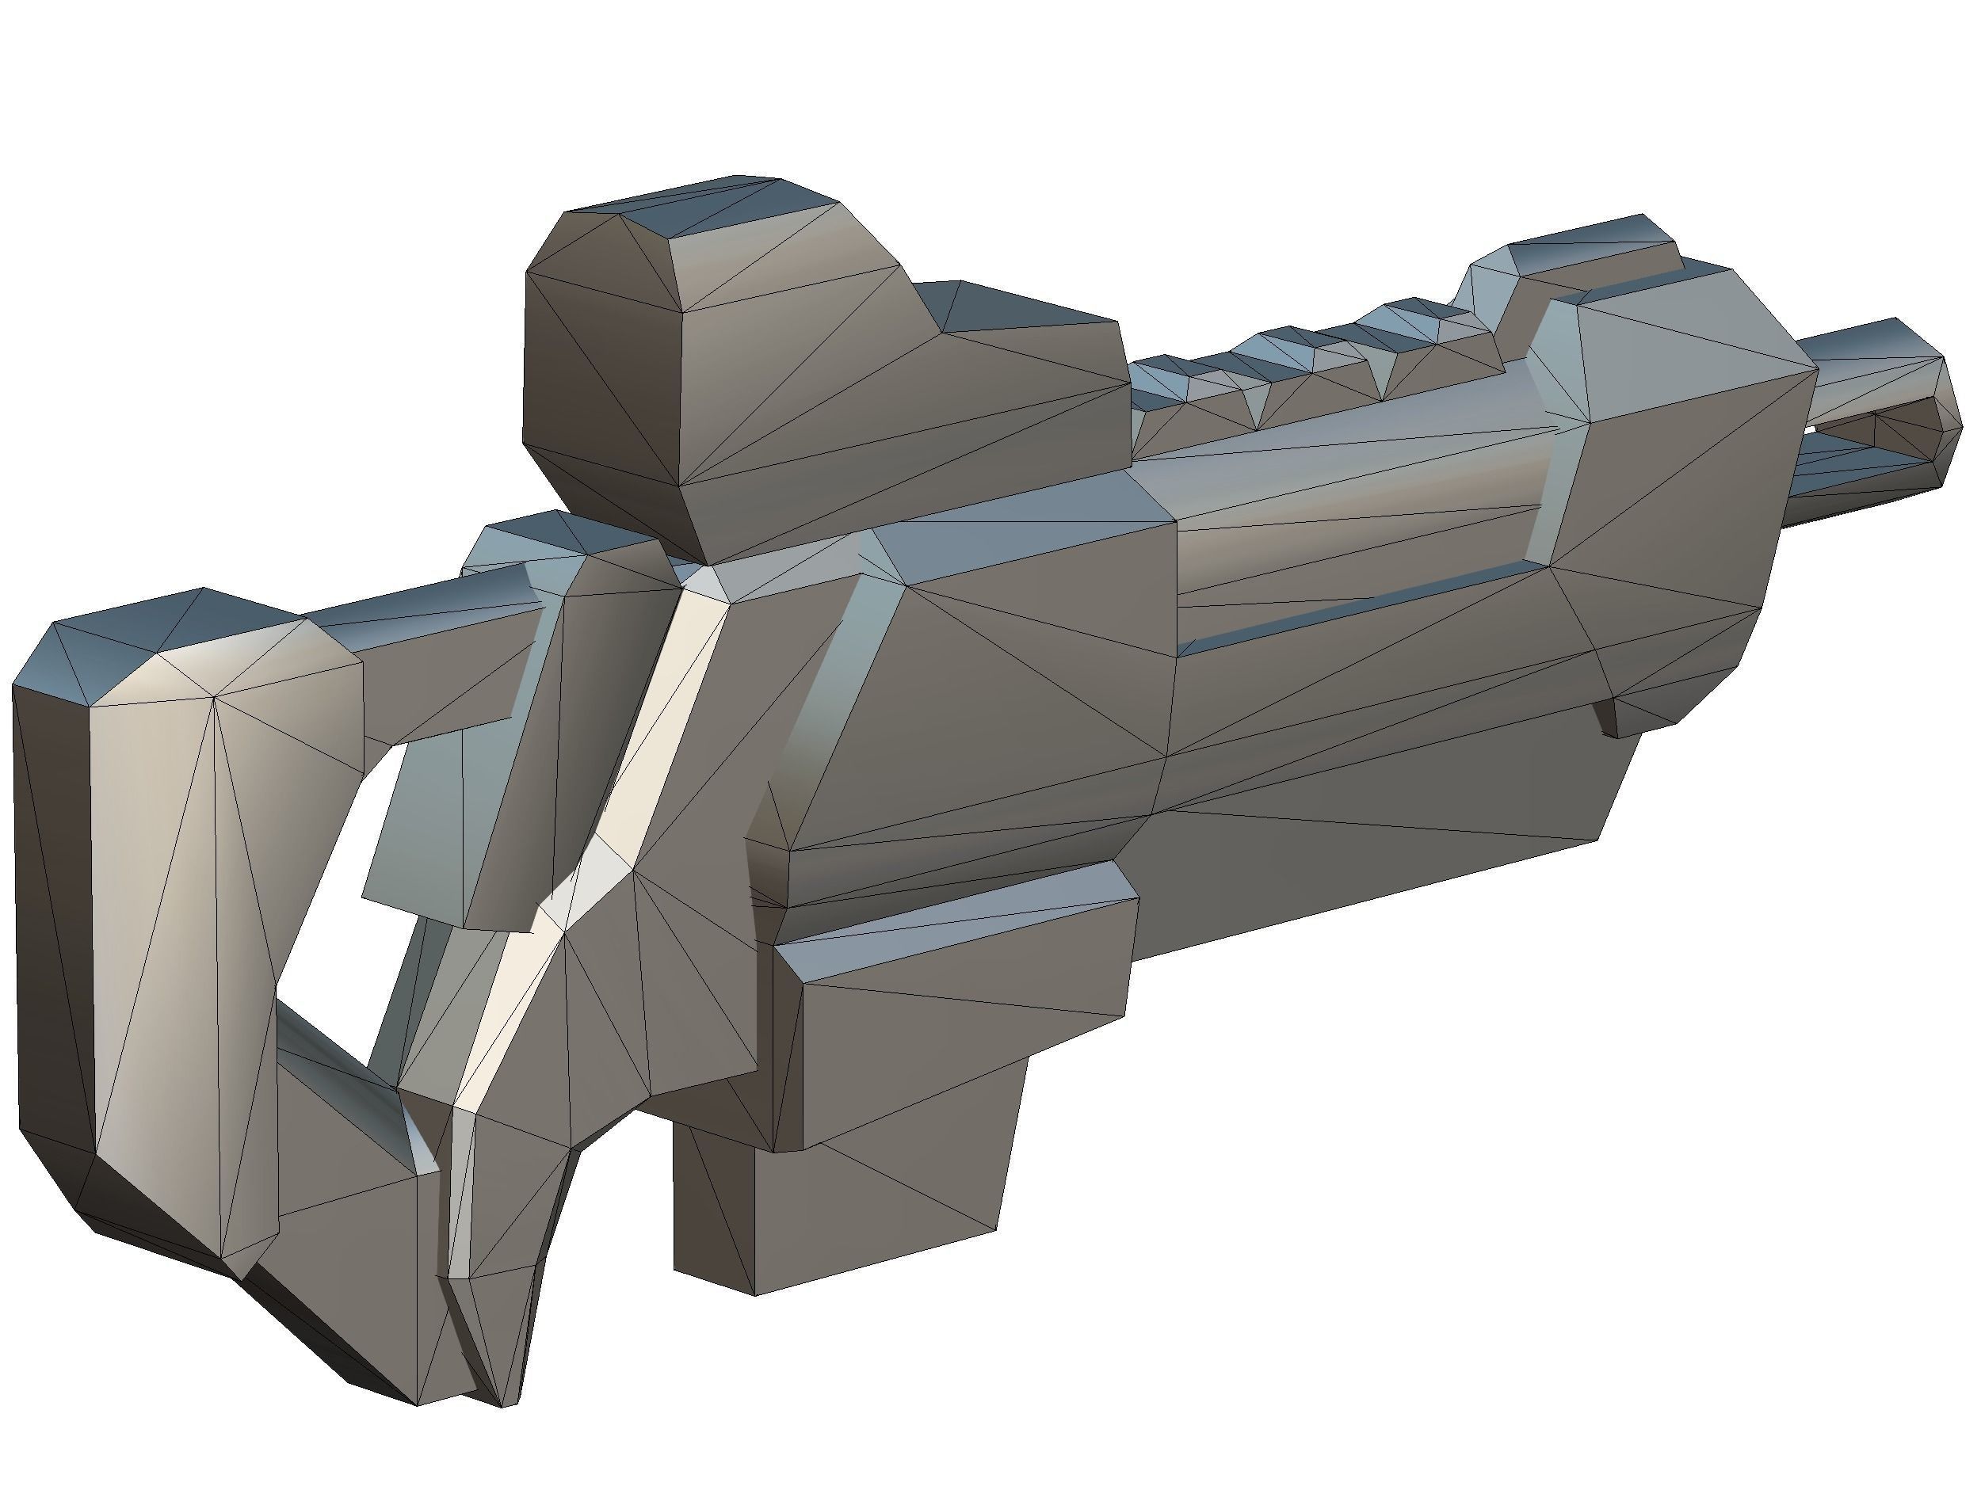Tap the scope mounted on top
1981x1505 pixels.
(x=807, y=376)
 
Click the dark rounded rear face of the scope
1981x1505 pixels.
(x=601, y=385)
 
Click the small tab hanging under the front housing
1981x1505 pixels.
(x=1613, y=717)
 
